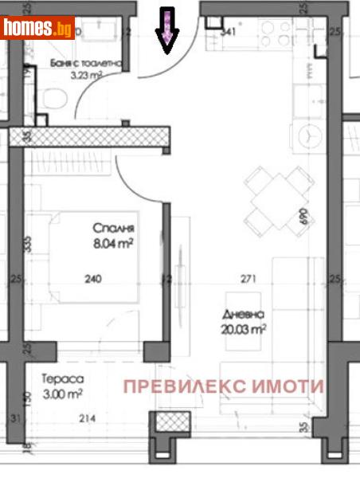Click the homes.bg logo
[x=37, y=29]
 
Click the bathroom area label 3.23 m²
[x=87, y=76]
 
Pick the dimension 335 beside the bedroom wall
[x=28, y=244]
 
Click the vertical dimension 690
[x=303, y=217]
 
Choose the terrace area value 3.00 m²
[x=65, y=394]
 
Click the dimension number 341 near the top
[x=229, y=33]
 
